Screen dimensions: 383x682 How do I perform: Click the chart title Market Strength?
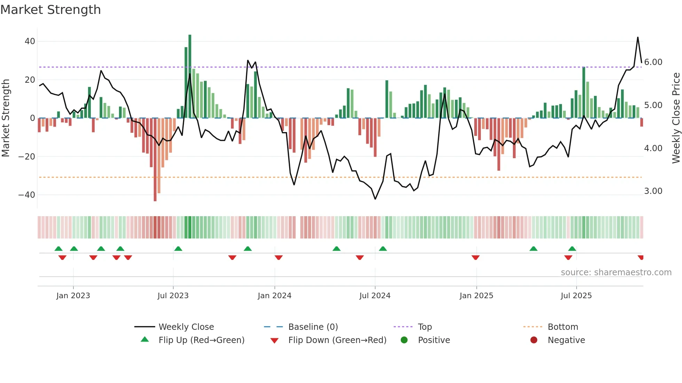[x=50, y=10]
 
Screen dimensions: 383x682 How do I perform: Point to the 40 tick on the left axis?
[x=30, y=41]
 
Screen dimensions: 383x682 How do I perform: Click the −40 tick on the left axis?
[x=27, y=195]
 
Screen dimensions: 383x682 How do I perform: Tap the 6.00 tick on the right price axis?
[x=653, y=62]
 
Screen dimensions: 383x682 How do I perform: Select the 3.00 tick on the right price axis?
[x=653, y=191]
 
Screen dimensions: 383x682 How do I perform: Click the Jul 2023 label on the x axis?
[x=173, y=296]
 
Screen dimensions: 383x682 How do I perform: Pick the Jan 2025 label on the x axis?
[x=476, y=296]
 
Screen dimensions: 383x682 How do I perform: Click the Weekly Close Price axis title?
[x=676, y=118]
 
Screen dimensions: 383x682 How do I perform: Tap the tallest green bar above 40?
[x=190, y=76]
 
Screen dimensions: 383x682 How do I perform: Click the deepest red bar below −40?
[x=155, y=160]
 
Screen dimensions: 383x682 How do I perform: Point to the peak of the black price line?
[x=638, y=38]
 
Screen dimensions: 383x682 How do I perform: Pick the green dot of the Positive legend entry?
[x=404, y=340]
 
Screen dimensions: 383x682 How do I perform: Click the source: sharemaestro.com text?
[x=616, y=272]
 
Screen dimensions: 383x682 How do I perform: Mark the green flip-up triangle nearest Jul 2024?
[x=383, y=249]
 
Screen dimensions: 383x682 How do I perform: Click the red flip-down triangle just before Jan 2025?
[x=476, y=258]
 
